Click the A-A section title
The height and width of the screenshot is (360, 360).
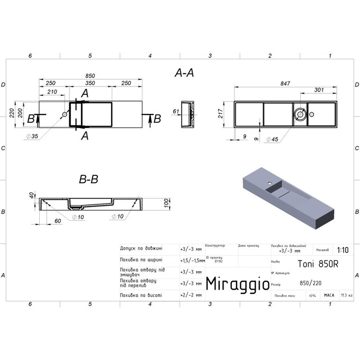pyautogui.click(x=184, y=74)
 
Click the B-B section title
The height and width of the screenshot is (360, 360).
pyautogui.click(x=88, y=179)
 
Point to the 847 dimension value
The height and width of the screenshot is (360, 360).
pyautogui.click(x=285, y=84)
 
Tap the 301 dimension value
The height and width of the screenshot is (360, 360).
pyautogui.click(x=319, y=91)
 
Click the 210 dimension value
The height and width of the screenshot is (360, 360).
pyautogui.click(x=52, y=92)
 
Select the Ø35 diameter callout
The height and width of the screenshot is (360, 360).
pyautogui.click(x=31, y=137)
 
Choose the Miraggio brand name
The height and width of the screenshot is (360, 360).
pyautogui.click(x=237, y=284)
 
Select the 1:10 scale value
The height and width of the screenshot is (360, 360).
pyautogui.click(x=343, y=251)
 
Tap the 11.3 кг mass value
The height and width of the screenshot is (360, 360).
pyautogui.click(x=347, y=295)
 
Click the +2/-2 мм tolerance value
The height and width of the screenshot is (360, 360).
pyautogui.click(x=191, y=295)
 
